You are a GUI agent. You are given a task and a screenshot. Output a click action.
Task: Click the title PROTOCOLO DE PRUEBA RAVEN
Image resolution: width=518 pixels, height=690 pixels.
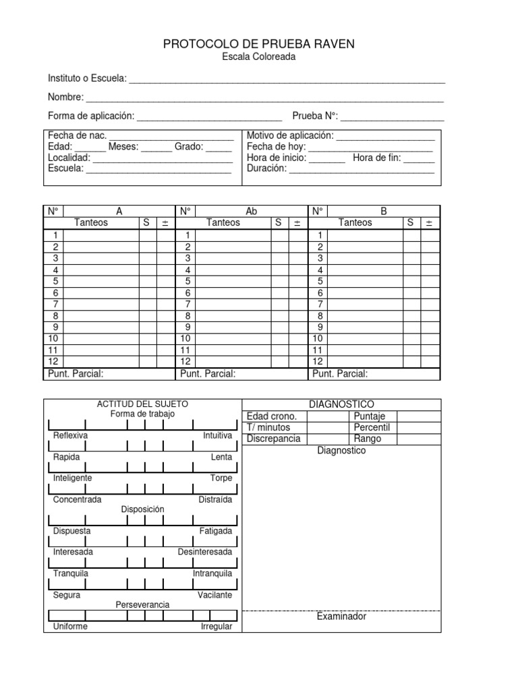click(x=258, y=44)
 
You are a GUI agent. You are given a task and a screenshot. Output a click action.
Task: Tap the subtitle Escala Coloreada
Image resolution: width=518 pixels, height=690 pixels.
click(x=258, y=57)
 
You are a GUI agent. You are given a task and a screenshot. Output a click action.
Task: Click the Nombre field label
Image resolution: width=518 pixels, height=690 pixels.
click(x=65, y=97)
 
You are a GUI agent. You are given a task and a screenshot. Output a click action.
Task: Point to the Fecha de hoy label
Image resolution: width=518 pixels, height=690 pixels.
click(x=276, y=146)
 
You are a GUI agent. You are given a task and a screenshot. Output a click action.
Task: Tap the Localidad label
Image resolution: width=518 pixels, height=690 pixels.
click(x=69, y=158)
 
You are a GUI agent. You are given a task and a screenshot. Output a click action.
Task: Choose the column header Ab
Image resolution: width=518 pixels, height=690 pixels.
click(x=252, y=211)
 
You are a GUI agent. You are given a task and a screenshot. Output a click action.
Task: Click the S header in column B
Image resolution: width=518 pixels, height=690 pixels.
click(x=410, y=223)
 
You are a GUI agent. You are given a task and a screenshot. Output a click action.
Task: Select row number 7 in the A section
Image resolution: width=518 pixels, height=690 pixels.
click(x=55, y=304)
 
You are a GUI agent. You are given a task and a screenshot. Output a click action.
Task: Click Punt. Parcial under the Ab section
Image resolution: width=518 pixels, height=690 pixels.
click(x=208, y=374)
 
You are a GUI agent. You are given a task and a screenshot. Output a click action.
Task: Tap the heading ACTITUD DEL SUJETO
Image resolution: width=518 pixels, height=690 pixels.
click(x=142, y=404)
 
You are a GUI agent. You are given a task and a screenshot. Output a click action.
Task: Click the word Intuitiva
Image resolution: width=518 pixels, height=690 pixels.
click(x=217, y=436)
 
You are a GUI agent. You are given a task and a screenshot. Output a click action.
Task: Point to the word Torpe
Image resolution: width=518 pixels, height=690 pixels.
click(x=221, y=478)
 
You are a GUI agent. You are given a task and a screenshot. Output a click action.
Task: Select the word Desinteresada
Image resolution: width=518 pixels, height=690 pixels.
click(x=204, y=552)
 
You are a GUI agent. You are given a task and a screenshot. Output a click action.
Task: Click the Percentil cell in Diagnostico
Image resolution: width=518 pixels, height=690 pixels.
click(x=372, y=427)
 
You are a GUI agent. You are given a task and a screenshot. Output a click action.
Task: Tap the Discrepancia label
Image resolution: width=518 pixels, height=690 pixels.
click(x=273, y=439)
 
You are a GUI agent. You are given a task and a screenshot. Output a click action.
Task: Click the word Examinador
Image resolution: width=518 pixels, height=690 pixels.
click(x=341, y=617)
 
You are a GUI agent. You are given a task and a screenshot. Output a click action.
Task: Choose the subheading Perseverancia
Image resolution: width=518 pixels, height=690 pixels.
click(x=142, y=605)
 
